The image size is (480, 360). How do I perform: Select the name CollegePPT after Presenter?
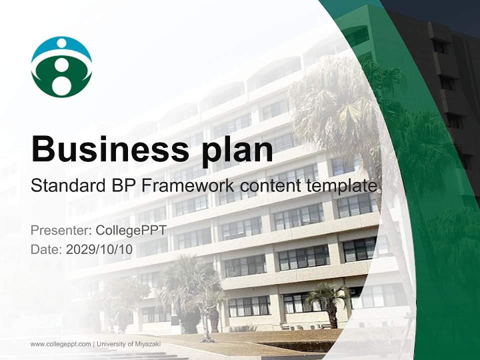click(131, 230)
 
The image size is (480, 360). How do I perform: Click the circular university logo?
click(61, 66)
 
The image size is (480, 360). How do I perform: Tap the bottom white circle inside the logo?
click(61, 85)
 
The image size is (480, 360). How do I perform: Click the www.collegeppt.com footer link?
click(60, 344)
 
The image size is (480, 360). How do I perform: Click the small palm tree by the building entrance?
click(328, 300)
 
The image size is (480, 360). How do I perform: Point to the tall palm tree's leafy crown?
click(340, 95)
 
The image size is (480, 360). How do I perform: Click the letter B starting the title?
click(43, 148)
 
